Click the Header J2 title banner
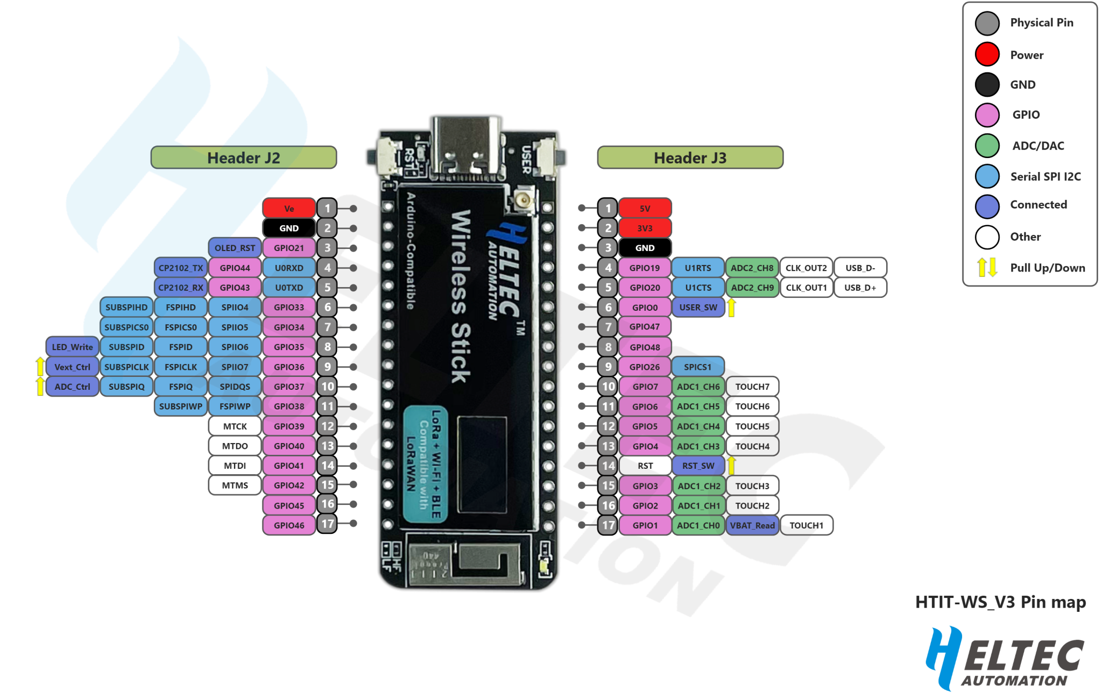coord(244,158)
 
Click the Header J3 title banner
coord(690,158)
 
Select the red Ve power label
coord(289,209)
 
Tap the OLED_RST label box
coord(235,248)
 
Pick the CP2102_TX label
coord(181,268)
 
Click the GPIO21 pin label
coord(289,248)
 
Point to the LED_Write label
coord(72,347)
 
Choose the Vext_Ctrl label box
coord(72,367)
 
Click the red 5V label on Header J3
coord(645,209)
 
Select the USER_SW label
coord(698,308)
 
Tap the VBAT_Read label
coord(752,525)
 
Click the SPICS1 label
coord(698,367)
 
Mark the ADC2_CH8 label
coord(752,268)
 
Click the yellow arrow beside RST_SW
coord(731,465)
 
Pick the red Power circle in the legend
coord(987,54)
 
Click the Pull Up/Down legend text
coord(1047,268)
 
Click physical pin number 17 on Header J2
coord(327,524)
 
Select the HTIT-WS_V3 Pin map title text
coord(1000,602)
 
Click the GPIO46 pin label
coord(289,525)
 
